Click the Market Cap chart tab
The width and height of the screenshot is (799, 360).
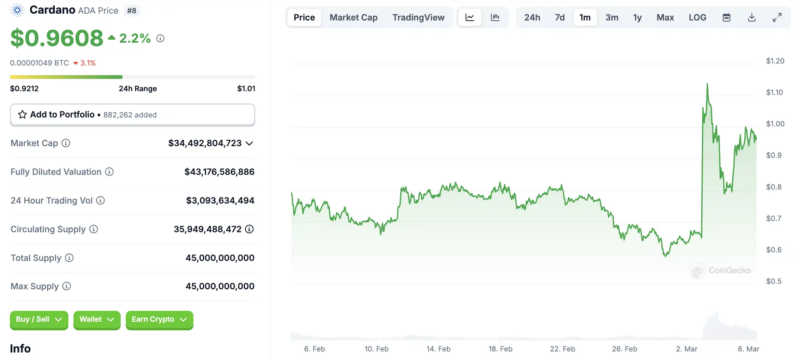click(353, 17)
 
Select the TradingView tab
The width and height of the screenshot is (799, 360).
click(418, 17)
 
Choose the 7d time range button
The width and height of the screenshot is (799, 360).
click(559, 17)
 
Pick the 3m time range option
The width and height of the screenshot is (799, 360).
click(612, 17)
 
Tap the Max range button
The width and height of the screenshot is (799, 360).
click(665, 17)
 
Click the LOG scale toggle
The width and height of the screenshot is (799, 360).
click(698, 17)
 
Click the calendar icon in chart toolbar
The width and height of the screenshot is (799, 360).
click(727, 17)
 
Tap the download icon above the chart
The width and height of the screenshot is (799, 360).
click(752, 17)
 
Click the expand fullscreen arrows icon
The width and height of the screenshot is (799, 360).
click(777, 17)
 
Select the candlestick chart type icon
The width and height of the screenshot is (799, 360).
click(495, 17)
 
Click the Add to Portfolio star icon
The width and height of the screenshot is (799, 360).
click(23, 114)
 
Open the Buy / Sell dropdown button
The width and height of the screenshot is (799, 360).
click(39, 319)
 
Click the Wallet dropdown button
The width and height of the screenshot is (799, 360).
click(97, 319)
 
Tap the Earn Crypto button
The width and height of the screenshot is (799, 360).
click(159, 319)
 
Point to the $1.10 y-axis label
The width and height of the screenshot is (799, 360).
click(774, 92)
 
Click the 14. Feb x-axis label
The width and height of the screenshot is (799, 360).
click(438, 349)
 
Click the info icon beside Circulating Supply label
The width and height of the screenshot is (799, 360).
click(94, 229)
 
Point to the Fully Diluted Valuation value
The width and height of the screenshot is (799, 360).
click(219, 172)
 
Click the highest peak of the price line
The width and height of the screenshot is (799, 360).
click(707, 84)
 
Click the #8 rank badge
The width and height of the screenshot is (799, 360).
click(132, 11)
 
